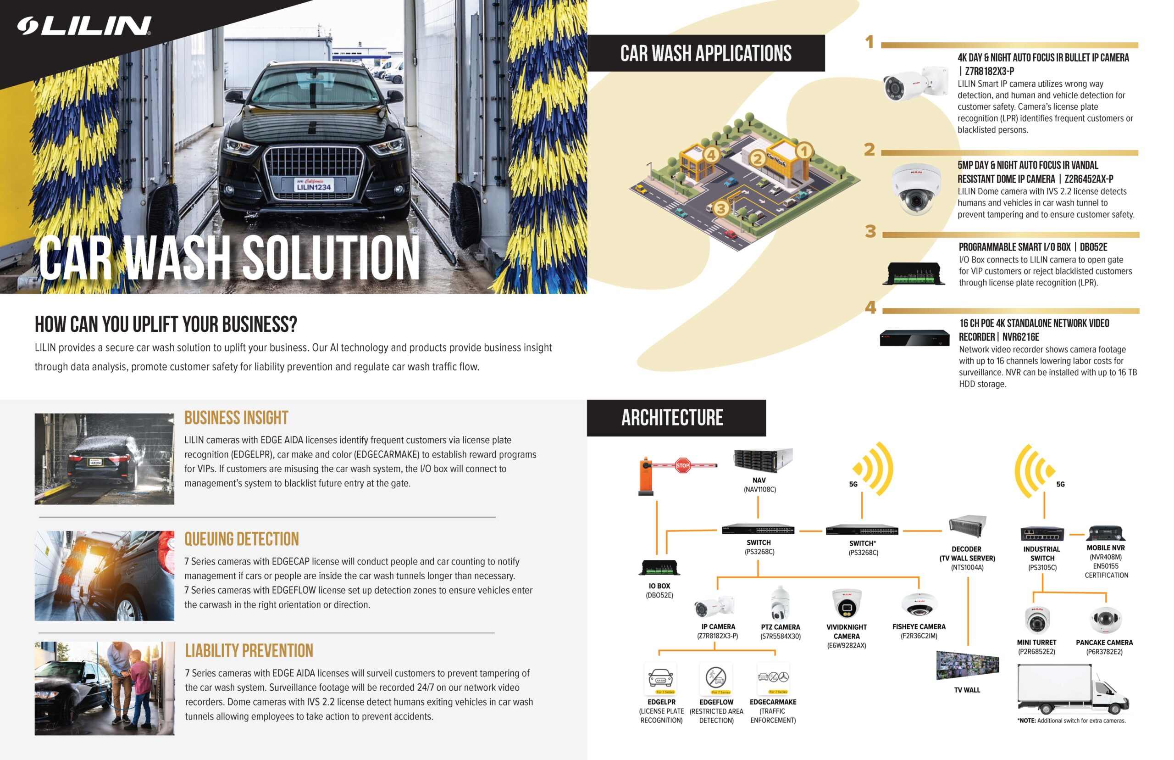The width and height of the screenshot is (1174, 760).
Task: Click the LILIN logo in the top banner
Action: (84, 26)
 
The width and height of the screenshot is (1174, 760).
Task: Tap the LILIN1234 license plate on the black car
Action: (314, 185)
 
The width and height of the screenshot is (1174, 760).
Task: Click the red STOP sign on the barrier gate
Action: (682, 465)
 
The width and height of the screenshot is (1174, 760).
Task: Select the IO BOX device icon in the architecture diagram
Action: (659, 568)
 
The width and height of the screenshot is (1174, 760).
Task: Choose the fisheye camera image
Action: (919, 604)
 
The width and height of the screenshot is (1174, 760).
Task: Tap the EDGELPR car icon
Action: (661, 678)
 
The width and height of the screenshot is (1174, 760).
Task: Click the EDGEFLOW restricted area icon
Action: (716, 678)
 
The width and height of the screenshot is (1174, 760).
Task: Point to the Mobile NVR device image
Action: (1106, 533)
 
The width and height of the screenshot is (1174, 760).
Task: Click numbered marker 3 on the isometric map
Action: (720, 208)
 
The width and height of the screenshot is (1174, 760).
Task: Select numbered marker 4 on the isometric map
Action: (711, 155)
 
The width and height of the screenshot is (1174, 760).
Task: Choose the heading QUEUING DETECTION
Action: (242, 539)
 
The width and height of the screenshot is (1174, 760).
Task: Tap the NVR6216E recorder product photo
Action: (914, 338)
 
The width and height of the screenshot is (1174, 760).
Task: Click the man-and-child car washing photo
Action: (105, 688)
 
